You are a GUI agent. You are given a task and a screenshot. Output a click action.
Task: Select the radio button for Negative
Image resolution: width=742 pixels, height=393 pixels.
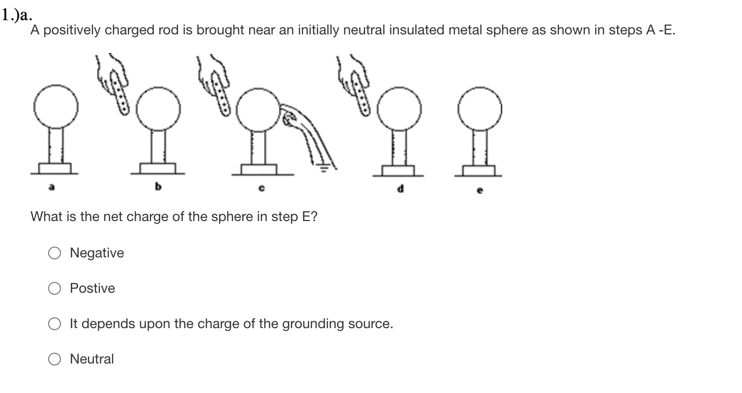pos(54,253)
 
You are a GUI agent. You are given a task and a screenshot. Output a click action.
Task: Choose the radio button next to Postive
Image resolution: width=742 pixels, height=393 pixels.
pos(54,289)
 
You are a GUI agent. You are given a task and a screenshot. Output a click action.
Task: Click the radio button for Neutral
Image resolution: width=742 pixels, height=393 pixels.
pos(54,360)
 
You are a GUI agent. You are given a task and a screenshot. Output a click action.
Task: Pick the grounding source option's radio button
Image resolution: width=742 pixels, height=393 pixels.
pos(54,324)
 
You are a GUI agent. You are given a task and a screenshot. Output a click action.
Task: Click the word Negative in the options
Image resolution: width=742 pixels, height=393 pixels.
pos(97,253)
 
